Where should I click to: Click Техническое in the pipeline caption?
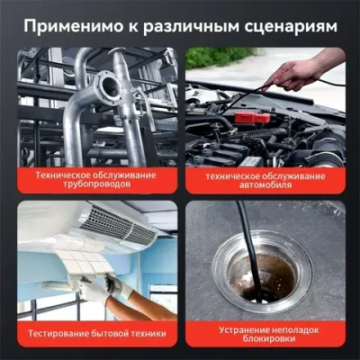(63, 171)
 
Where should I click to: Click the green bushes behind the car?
(220, 56)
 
